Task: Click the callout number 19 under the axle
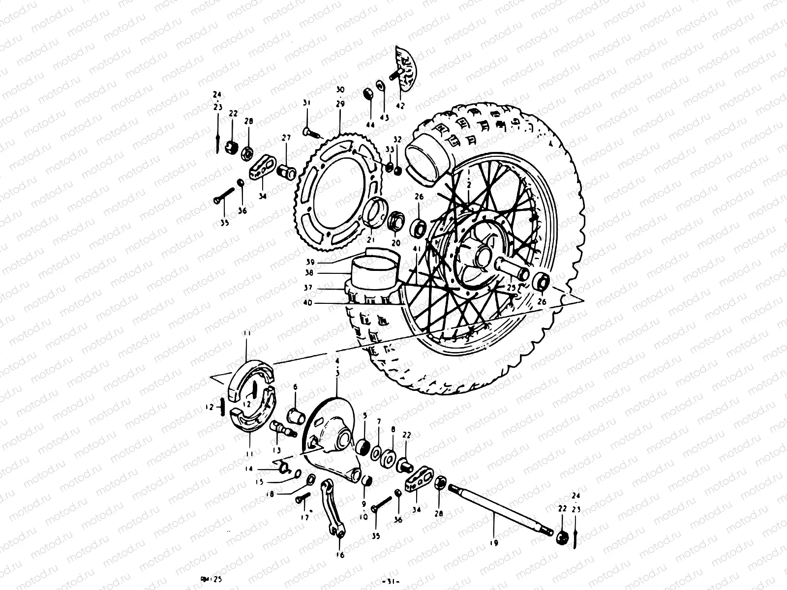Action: coord(494,543)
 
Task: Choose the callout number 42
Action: coord(400,106)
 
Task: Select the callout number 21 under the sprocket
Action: coord(370,240)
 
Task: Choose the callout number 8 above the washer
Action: coord(393,429)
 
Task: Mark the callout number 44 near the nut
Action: coord(370,125)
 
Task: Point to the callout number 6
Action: coord(295,387)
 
